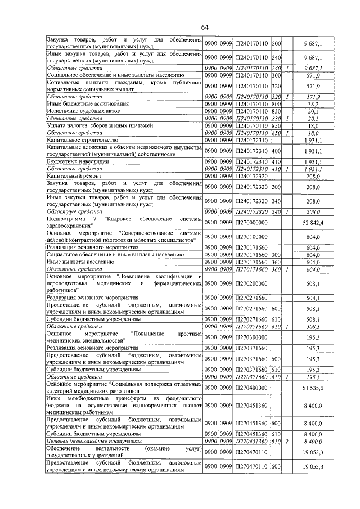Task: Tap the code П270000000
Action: [251, 223]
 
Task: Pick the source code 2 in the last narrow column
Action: [287, 442]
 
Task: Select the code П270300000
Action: [251, 337]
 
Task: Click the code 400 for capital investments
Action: [276, 151]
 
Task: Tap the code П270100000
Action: [251, 237]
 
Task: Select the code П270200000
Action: [251, 283]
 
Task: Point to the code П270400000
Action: [251, 388]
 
